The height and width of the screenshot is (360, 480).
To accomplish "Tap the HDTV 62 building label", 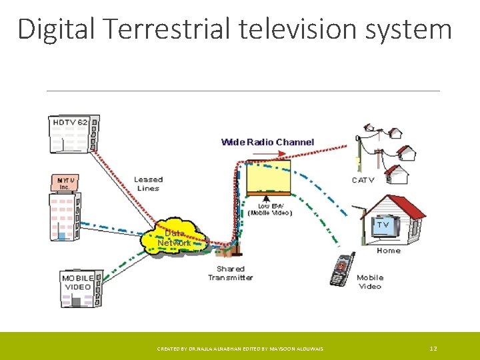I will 69,123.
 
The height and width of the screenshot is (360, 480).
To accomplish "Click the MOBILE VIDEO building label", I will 77,282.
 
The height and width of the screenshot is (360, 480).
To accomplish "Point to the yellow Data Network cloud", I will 175,237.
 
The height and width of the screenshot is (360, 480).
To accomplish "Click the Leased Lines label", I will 148,183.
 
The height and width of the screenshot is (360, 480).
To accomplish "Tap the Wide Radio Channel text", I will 267,142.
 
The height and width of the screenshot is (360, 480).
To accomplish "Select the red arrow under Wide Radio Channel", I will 267,153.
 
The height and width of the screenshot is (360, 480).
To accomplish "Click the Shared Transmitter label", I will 230,273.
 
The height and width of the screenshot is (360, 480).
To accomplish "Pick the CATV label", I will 363,180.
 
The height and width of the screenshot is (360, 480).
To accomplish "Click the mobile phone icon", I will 342,269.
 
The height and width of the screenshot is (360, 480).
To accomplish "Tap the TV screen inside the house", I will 383,226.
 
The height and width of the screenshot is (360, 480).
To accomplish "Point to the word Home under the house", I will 389,251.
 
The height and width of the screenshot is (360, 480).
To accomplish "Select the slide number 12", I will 433,349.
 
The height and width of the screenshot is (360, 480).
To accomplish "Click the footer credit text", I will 240,349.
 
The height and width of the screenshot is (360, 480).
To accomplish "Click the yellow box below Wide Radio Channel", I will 268,177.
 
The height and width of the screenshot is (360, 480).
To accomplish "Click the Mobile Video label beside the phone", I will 370,282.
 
